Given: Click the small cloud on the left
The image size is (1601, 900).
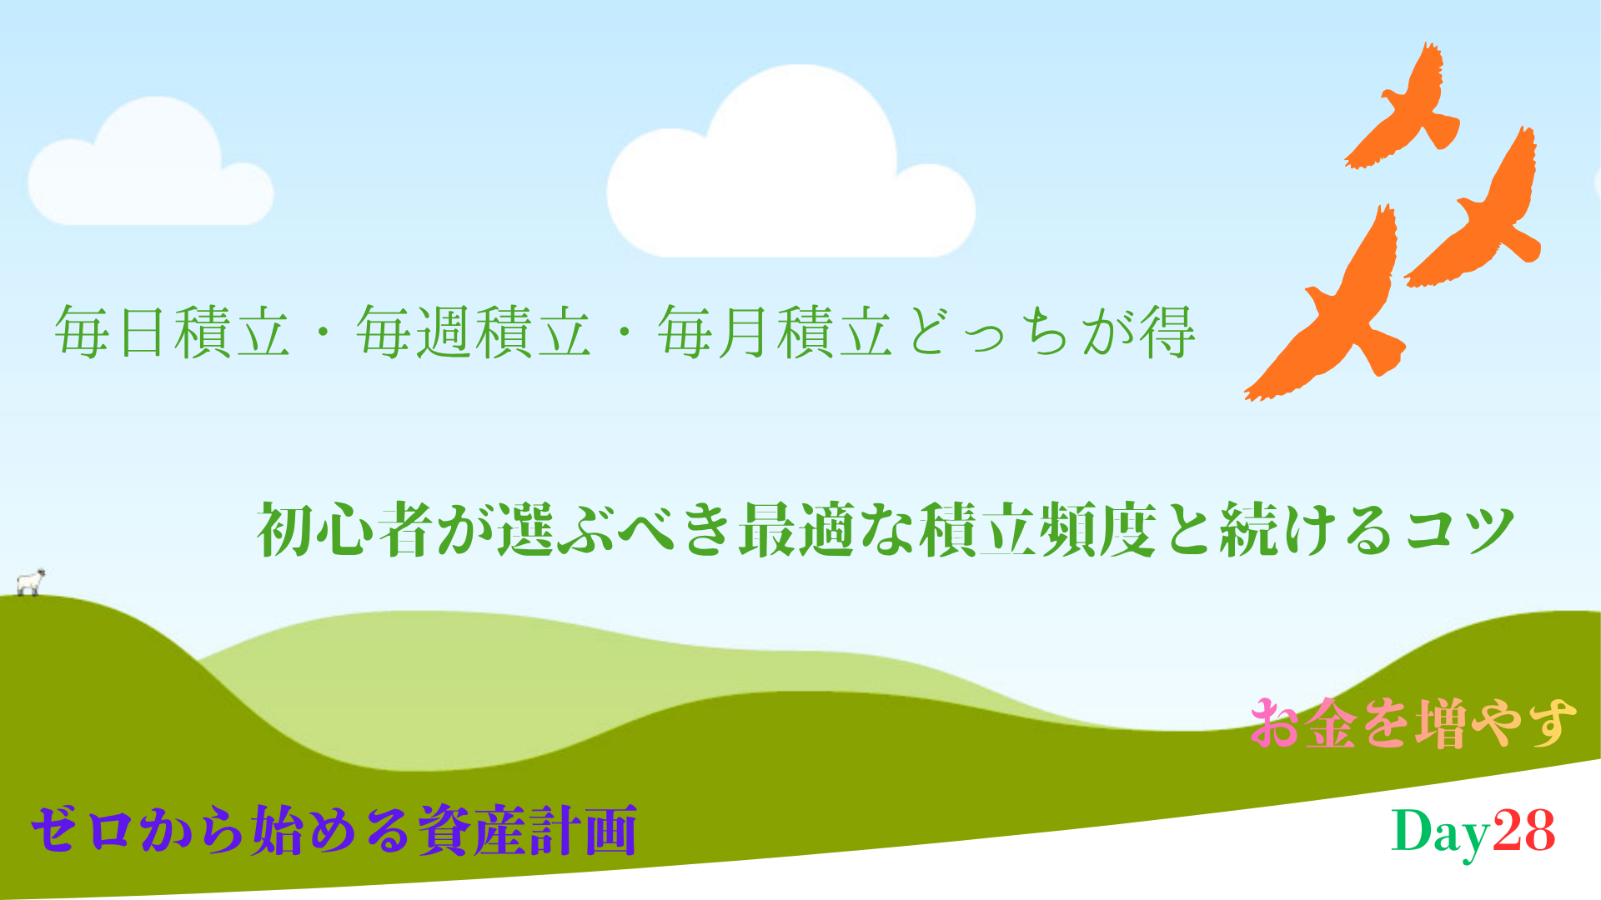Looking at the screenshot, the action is click(151, 167).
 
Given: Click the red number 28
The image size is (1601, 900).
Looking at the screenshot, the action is click(1523, 831).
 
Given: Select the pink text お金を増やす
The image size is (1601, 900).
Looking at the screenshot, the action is click(1413, 722).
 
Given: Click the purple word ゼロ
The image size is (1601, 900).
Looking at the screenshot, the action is click(82, 829).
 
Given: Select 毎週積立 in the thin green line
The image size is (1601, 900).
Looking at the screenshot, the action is click(474, 332).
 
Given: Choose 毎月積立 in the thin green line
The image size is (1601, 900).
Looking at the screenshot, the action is click(775, 332).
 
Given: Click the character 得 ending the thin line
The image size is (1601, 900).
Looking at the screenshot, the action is click(1167, 332).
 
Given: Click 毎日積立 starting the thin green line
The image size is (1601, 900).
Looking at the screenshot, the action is click(173, 332).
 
